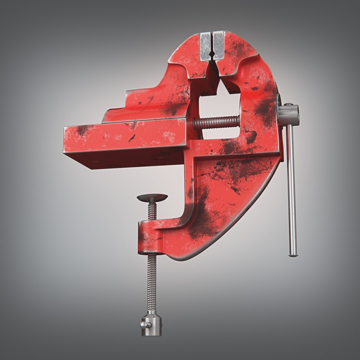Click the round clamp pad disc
click(x=152, y=198)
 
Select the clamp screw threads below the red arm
click(x=152, y=283)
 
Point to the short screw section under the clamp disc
click(x=152, y=211)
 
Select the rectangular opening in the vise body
click(x=220, y=110)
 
